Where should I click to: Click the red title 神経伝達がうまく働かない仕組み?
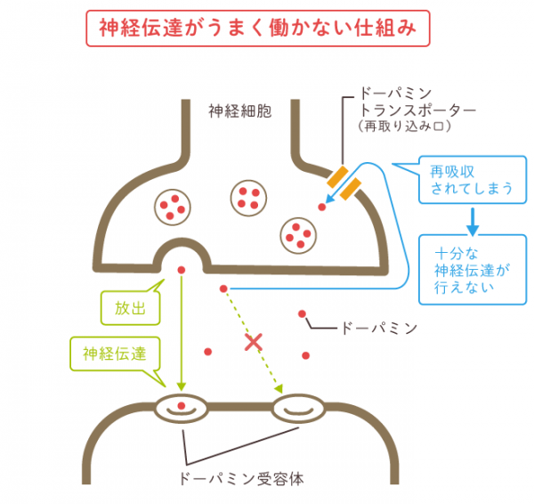(x=258, y=28)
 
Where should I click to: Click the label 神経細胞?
(x=240, y=111)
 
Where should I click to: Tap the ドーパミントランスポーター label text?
(x=417, y=102)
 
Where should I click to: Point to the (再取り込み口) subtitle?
(x=405, y=126)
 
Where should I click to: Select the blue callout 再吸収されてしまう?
(x=472, y=180)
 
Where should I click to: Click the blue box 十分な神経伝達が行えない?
(x=473, y=269)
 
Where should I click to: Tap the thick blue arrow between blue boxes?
(x=473, y=222)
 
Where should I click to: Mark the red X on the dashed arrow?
(x=254, y=343)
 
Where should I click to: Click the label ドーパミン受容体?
(x=241, y=479)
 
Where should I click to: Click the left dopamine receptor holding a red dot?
(x=182, y=408)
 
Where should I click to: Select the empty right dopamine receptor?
(x=299, y=408)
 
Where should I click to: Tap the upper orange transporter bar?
(x=337, y=177)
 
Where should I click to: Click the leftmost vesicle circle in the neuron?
(x=173, y=207)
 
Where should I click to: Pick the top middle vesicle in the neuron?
(x=248, y=198)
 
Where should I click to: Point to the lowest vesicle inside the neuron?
(x=298, y=235)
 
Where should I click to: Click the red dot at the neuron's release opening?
(x=182, y=270)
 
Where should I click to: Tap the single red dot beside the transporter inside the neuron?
(x=322, y=207)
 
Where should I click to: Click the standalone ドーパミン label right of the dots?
(x=379, y=329)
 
